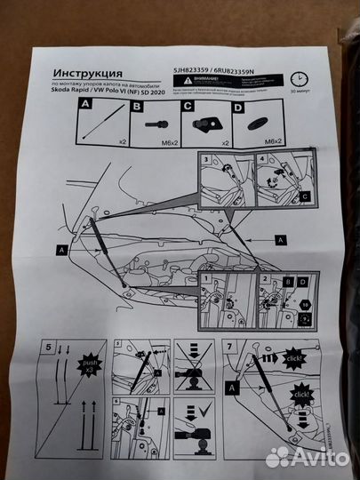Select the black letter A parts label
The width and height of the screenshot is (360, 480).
coord(85,104)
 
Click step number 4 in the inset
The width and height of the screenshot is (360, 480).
coord(261,161)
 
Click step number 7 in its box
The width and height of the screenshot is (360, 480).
coord(232,343)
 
